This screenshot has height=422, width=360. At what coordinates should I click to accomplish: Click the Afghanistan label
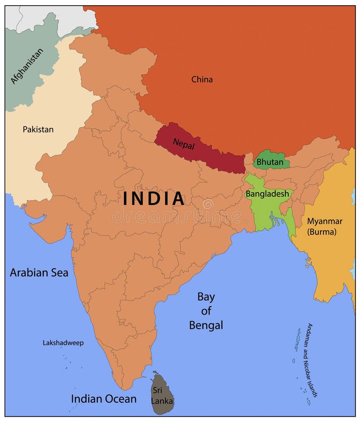click(27, 66)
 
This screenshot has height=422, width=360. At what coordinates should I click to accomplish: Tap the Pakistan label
click(38, 129)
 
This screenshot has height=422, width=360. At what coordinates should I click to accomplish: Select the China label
click(202, 80)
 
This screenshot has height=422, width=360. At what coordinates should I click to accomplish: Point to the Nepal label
click(184, 143)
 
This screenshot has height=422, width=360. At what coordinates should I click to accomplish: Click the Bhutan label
click(270, 163)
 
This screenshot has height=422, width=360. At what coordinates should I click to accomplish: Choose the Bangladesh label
click(267, 194)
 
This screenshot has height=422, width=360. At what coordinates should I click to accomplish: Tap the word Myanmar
click(324, 221)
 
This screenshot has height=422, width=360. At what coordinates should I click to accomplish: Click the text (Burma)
click(322, 232)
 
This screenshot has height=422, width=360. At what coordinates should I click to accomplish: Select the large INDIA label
click(154, 198)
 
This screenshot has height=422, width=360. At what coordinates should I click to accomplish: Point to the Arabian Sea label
click(39, 272)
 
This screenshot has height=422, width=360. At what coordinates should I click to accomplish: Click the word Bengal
click(206, 325)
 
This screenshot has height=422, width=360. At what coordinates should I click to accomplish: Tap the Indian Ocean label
click(104, 399)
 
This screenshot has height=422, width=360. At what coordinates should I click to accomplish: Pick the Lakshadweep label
click(63, 343)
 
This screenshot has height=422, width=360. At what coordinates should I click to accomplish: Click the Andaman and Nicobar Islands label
click(312, 360)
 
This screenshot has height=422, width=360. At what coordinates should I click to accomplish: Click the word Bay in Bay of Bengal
click(206, 296)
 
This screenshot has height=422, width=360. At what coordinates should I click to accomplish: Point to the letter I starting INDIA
click(126, 198)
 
